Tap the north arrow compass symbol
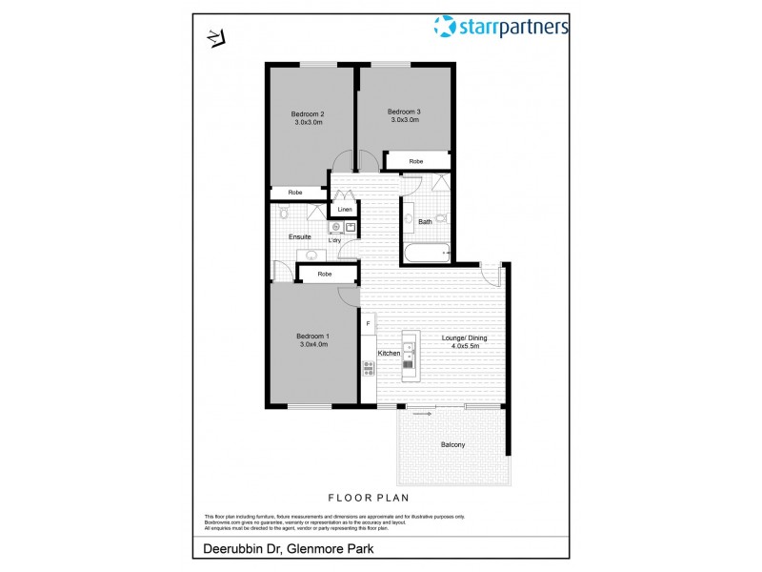[214, 38]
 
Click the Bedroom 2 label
[308, 117]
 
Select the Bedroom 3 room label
[404, 112]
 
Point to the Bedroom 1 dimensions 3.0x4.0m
[311, 344]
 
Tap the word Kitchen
[389, 354]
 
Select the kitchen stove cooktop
[368, 367]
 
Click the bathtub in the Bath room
[426, 254]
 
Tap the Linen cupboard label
[344, 209]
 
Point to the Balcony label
[452, 444]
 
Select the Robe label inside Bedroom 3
[416, 162]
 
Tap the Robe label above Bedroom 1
[325, 275]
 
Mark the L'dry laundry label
[335, 240]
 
